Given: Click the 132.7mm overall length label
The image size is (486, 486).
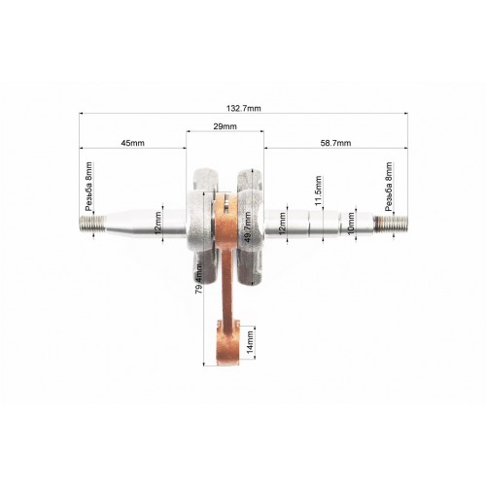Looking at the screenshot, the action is coord(243,108).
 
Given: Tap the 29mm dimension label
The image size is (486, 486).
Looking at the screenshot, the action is coord(225,126).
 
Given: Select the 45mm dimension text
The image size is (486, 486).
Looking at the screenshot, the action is coord(132,143).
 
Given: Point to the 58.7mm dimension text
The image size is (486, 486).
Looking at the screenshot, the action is coord(335,143).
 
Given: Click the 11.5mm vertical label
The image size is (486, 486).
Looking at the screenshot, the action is coord(318,191).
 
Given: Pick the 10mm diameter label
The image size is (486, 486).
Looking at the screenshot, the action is coord(351,224).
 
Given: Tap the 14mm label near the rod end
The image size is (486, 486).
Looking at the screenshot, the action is coord(250,342).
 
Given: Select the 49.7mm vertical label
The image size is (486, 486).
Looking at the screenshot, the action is coord(247,227).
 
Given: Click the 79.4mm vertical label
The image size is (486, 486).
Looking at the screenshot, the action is coord(199,279).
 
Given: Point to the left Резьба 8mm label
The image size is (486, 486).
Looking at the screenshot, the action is coord(88,187).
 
